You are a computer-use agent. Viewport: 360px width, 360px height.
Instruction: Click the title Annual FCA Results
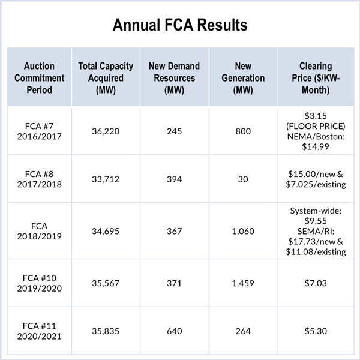[180, 26]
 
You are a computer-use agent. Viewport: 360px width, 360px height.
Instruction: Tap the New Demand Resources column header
[174, 78]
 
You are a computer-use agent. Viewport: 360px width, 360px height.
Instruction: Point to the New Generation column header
[242, 78]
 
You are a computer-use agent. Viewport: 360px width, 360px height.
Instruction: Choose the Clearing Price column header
[316, 78]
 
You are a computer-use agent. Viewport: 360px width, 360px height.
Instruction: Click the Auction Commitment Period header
[39, 78]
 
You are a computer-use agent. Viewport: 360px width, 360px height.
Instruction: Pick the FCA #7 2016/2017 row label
[39, 130]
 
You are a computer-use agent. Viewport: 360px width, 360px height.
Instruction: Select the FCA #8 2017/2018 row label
[39, 178]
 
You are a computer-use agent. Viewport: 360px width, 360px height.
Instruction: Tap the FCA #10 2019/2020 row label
[39, 283]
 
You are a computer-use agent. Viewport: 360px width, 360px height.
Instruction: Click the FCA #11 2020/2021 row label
[39, 329]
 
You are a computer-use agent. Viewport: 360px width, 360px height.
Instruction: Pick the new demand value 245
[174, 130]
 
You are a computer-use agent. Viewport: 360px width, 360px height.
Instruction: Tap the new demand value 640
[174, 329]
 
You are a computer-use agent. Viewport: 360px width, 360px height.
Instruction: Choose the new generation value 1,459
[242, 283]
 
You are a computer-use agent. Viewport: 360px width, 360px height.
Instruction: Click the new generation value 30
[242, 178]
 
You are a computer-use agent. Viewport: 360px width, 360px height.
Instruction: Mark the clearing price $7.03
[316, 283]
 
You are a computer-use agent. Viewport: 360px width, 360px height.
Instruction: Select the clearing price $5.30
[316, 329]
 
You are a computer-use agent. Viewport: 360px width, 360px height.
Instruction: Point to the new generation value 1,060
[242, 232]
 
